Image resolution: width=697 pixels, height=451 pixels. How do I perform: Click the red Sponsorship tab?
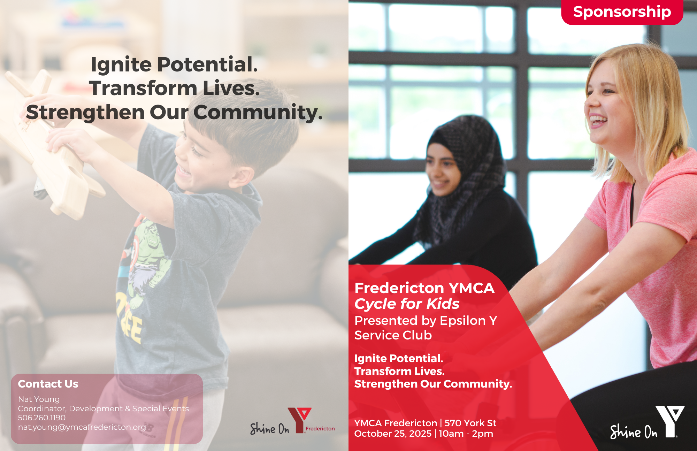tap(622, 12)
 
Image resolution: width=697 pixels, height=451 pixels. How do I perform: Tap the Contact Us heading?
tap(48, 384)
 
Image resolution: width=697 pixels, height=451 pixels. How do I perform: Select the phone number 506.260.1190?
tap(42, 418)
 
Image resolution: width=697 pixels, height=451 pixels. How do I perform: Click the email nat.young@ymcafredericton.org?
tap(82, 427)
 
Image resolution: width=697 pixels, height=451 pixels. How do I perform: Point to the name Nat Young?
tap(39, 399)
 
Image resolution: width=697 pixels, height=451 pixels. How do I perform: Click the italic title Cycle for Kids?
tap(407, 304)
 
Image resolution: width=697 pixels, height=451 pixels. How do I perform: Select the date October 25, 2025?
tap(393, 434)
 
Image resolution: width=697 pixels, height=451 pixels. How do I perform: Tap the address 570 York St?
tap(470, 423)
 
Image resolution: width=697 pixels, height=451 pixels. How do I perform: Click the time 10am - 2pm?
tap(466, 434)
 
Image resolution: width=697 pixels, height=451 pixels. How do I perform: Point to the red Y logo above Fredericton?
tap(299, 420)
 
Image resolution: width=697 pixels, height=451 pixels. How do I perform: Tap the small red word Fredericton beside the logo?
tap(320, 429)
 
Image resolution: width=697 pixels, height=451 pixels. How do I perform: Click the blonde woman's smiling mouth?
tap(598, 121)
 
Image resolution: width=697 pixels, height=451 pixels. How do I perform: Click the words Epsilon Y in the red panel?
tap(468, 320)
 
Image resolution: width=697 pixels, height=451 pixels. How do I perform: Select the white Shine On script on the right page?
tap(634, 431)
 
